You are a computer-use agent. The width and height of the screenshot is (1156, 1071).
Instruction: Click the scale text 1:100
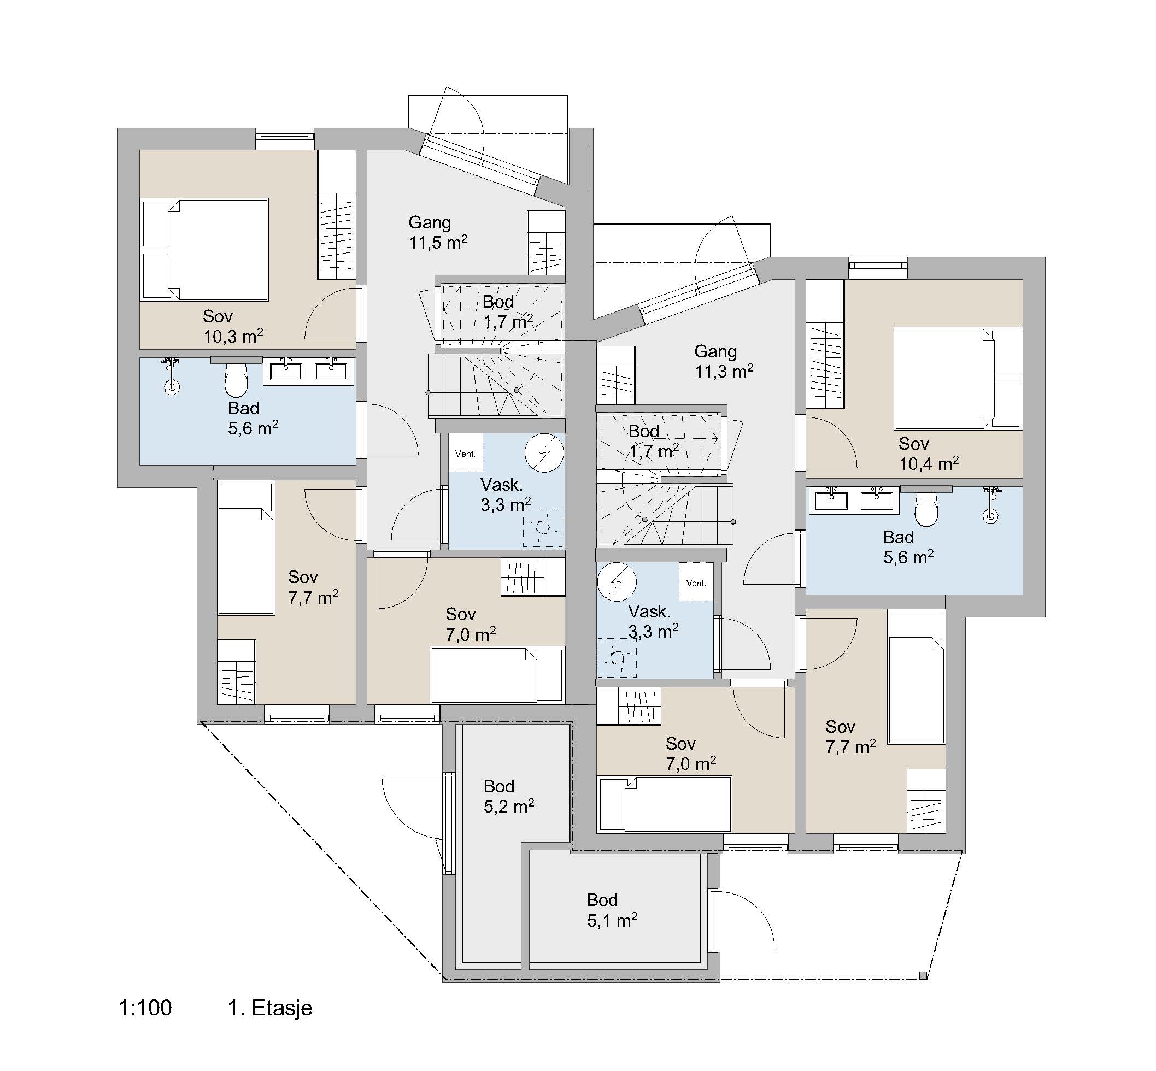145,1008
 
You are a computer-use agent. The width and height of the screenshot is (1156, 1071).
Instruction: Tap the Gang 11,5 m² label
438,232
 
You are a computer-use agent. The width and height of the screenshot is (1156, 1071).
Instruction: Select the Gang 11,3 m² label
724,361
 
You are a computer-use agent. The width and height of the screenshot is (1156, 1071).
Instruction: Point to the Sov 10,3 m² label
233,326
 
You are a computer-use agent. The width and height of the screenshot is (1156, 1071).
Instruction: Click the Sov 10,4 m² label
929,454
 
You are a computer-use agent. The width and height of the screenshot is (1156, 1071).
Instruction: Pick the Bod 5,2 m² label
508,796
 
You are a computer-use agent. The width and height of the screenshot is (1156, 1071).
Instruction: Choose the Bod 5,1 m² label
612,910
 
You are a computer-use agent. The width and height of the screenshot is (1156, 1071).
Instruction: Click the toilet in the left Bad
236,380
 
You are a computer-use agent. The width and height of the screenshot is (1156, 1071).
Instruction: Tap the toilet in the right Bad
926,509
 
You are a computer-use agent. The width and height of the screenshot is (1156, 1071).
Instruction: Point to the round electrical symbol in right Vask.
617,582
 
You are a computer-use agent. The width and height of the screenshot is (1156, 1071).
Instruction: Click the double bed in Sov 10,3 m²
204,250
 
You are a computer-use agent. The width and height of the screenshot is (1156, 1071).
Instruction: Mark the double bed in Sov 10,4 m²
957,379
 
